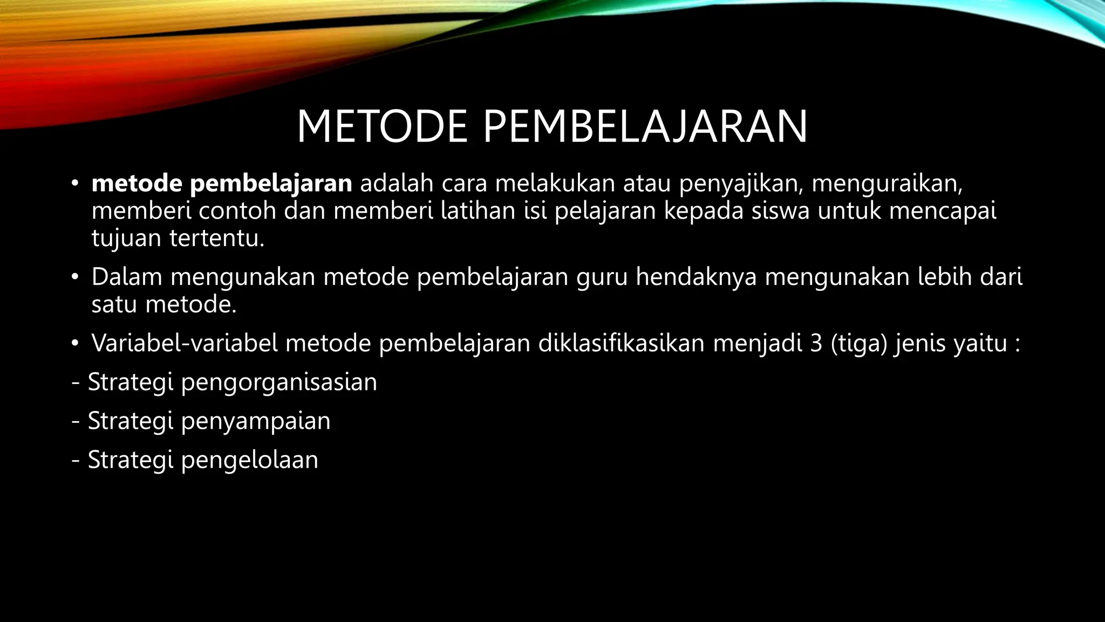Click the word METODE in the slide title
point(382,127)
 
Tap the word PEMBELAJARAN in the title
point(645,127)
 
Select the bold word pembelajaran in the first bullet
point(271,184)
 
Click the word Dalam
point(127,277)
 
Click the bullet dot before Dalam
point(75,278)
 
